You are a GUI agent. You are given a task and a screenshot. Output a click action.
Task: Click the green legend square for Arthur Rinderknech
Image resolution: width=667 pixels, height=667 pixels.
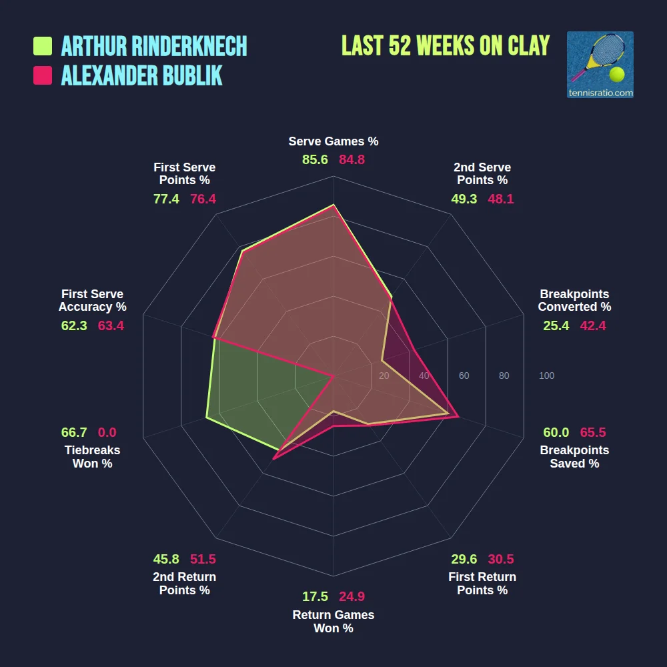pos(43,46)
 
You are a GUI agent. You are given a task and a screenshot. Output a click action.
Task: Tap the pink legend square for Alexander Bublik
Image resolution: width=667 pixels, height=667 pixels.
pos(43,75)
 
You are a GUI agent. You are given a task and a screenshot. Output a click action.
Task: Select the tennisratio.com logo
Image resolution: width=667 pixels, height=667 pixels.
pos(600,65)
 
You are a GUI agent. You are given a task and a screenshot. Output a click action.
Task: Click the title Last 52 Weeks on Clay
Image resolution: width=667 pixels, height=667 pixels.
pos(446,45)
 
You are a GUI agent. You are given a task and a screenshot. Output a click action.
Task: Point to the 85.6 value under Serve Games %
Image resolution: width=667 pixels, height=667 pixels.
pos(315,159)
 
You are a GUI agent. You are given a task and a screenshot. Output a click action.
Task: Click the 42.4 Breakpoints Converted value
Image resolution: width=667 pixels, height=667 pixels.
pos(593,325)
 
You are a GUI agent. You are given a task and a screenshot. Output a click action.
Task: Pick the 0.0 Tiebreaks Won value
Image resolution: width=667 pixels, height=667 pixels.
pos(107,432)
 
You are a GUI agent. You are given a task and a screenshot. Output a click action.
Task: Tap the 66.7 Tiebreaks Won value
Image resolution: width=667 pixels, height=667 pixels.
pos(74,432)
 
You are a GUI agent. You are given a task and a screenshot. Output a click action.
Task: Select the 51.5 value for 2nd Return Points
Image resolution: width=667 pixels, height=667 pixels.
pos(203,559)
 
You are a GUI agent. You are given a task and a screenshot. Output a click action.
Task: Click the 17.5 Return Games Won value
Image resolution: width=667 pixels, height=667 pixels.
pos(315,596)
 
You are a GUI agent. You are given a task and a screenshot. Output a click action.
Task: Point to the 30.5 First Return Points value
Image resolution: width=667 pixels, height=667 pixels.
pos(501,559)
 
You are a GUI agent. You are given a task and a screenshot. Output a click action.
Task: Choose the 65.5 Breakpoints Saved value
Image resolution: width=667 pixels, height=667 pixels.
pos(593,432)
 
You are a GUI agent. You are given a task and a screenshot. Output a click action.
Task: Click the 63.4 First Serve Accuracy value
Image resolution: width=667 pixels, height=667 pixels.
pos(111,325)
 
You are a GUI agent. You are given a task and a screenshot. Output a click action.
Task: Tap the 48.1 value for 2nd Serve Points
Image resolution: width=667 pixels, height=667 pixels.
pos(501,199)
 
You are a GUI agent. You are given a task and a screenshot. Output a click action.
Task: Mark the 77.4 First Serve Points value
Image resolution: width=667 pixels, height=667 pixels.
pos(166,199)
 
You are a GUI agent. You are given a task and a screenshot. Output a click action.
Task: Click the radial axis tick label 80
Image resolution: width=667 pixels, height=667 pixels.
pos(504,376)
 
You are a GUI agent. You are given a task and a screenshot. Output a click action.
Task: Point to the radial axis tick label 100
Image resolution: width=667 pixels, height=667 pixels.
pos(547,376)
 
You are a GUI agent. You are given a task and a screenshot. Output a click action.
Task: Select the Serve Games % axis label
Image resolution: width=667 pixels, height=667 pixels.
pos(333,141)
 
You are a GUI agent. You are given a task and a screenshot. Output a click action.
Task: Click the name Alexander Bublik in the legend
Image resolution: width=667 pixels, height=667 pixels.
pos(141,75)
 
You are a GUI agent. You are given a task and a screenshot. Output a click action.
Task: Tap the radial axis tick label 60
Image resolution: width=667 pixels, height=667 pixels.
pos(464,376)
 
